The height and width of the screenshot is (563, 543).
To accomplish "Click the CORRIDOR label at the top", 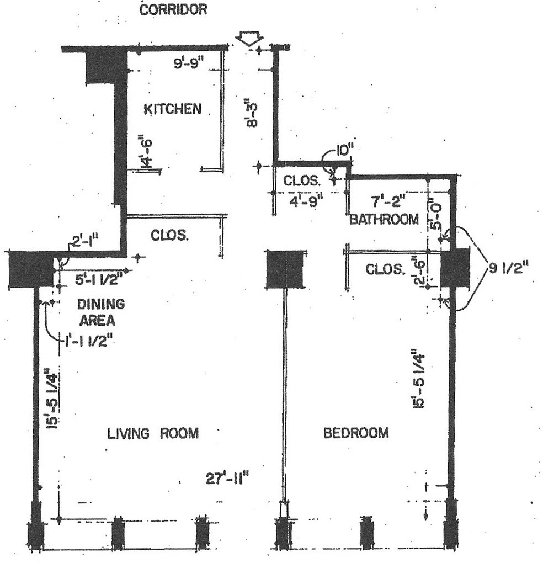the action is point(173,9).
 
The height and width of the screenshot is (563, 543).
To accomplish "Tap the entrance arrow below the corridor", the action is point(250,39).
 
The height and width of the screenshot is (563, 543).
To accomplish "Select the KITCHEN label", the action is point(173,109).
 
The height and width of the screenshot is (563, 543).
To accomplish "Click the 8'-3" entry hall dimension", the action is point(252,115).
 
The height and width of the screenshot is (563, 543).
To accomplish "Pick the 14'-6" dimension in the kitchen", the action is point(146,151).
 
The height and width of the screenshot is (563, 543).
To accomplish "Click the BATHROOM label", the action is point(384,219).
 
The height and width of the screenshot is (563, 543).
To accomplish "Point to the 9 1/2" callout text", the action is point(509,268).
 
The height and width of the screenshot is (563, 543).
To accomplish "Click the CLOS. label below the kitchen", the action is point(169,236).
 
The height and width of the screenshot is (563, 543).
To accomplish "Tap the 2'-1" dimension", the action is point(83,240).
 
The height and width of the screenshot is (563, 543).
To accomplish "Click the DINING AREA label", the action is point(101,312).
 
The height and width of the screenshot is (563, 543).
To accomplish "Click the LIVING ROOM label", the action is point(153,433).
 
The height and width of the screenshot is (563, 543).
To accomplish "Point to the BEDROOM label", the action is point(356,433).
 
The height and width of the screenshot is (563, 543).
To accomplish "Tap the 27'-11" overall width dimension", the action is point(227,479).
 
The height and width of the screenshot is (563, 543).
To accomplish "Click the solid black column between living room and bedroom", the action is point(285,269).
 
